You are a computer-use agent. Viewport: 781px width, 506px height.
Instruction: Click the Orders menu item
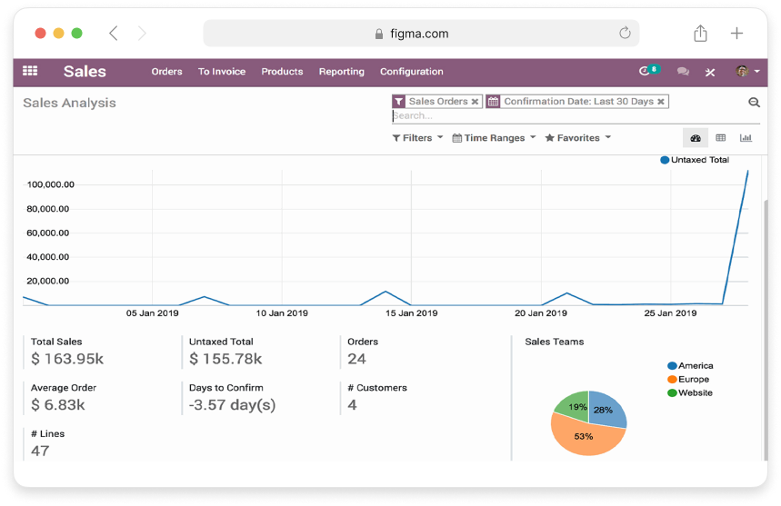coord(166,72)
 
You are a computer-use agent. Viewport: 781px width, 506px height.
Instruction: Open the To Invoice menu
coord(222,72)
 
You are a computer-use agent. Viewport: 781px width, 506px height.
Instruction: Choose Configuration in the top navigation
coord(411,72)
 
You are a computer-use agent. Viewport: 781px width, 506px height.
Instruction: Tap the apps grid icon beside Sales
coord(30,71)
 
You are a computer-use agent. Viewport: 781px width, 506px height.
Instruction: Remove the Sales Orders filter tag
coord(475,102)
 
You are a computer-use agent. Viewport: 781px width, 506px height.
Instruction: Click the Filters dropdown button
coord(417,138)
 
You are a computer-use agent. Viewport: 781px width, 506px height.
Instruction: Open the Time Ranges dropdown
coord(494,138)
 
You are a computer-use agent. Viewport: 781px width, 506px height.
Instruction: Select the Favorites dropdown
coord(577,138)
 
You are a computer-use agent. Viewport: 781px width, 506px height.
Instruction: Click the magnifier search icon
coord(754,103)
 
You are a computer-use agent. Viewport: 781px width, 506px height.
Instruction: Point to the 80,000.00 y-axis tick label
coord(50,209)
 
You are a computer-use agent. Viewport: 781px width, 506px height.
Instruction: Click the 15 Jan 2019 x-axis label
coord(411,313)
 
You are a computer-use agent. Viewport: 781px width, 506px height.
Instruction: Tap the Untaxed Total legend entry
coord(695,160)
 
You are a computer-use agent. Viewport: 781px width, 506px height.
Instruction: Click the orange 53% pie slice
coord(584,438)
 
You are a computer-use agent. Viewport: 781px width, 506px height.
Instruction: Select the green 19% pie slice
coord(573,405)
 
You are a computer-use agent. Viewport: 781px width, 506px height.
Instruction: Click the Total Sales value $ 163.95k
coord(67,359)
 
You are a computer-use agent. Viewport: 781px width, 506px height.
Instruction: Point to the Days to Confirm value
coord(232,405)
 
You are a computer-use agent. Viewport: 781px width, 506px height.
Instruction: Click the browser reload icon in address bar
coord(625,34)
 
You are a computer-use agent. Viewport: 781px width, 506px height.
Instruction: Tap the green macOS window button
coord(76,34)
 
